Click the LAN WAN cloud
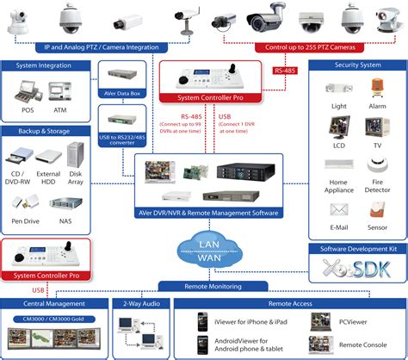[204, 246]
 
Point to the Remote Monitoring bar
[204, 283]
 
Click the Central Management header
[48, 303]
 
